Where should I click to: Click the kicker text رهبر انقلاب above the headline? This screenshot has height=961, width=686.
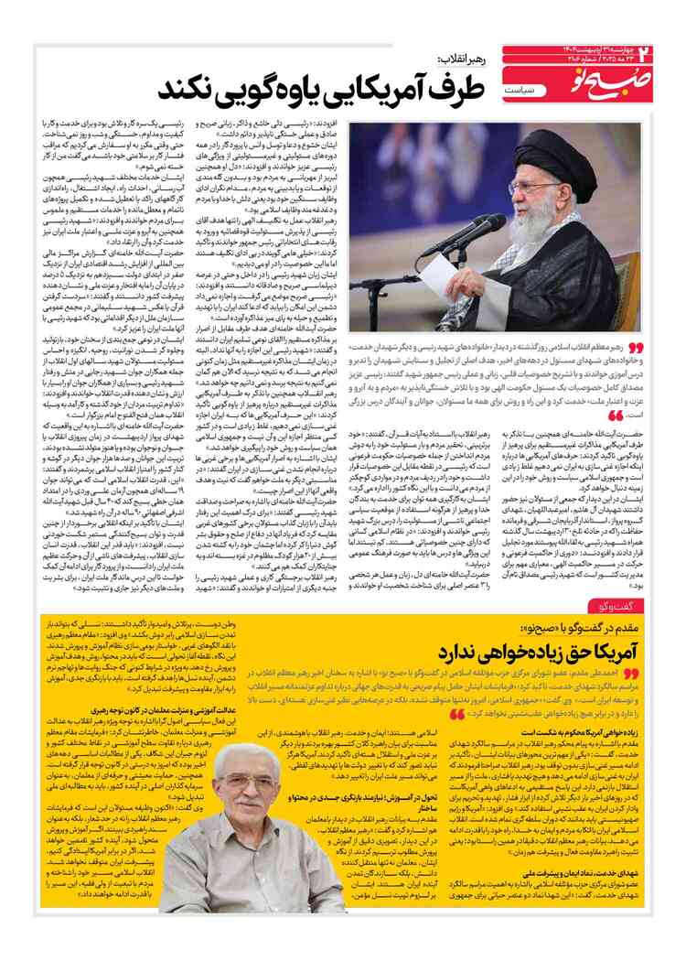456,57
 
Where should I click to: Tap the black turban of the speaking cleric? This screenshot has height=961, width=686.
535,143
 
